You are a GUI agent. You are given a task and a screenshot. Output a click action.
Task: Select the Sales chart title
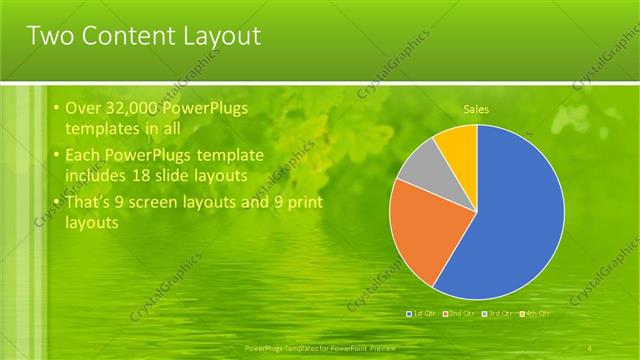point(476,109)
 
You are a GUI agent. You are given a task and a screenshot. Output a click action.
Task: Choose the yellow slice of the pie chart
point(458,141)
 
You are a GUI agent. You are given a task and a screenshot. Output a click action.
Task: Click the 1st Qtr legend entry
point(421,313)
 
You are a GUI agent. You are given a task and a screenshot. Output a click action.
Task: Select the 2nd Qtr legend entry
point(459,313)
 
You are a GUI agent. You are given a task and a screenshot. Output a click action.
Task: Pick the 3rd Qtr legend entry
point(498,313)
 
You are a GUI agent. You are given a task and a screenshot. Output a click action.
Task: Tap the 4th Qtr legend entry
point(536,313)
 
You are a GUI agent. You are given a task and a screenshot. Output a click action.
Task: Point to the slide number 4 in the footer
point(592,346)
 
